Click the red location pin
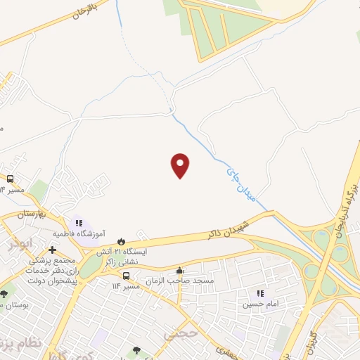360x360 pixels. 181,165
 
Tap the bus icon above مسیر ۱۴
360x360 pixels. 11,179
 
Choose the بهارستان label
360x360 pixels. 31,212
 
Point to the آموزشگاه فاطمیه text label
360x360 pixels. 79,233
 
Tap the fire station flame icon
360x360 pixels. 121,241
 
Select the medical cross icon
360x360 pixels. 52,250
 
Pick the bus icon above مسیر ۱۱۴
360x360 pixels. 127,276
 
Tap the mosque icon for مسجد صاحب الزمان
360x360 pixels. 180,271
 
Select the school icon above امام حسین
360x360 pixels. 260,293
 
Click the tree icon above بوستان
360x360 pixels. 4,294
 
